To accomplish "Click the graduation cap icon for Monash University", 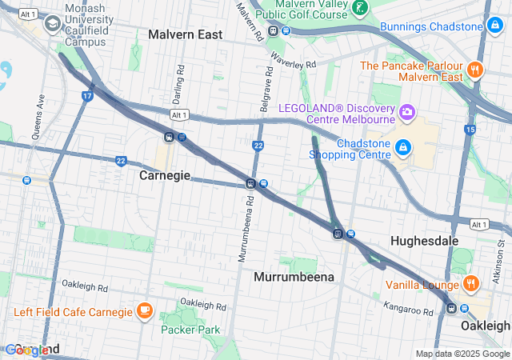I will pyautogui.click(x=53, y=23).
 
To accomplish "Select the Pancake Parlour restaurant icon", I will pyautogui.click(x=474, y=70).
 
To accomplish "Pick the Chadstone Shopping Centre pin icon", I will pyautogui.click(x=405, y=148).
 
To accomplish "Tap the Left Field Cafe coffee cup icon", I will pyautogui.click(x=144, y=310).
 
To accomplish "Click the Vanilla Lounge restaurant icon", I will pyautogui.click(x=471, y=283).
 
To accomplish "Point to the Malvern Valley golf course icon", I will pyautogui.click(x=361, y=8).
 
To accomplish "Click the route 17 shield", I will pyautogui.click(x=86, y=95).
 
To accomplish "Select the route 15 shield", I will pyautogui.click(x=470, y=129).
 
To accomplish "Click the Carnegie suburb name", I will pyautogui.click(x=165, y=175).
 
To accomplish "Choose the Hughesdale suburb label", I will pyautogui.click(x=423, y=240).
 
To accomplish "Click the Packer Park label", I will pyautogui.click(x=190, y=329).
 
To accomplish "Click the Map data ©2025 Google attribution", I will pyautogui.click(x=462, y=354).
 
